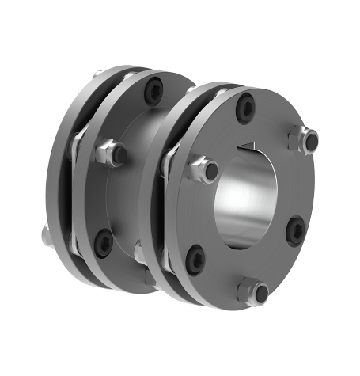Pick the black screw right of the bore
[294, 230]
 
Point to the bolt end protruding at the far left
[43, 233]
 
